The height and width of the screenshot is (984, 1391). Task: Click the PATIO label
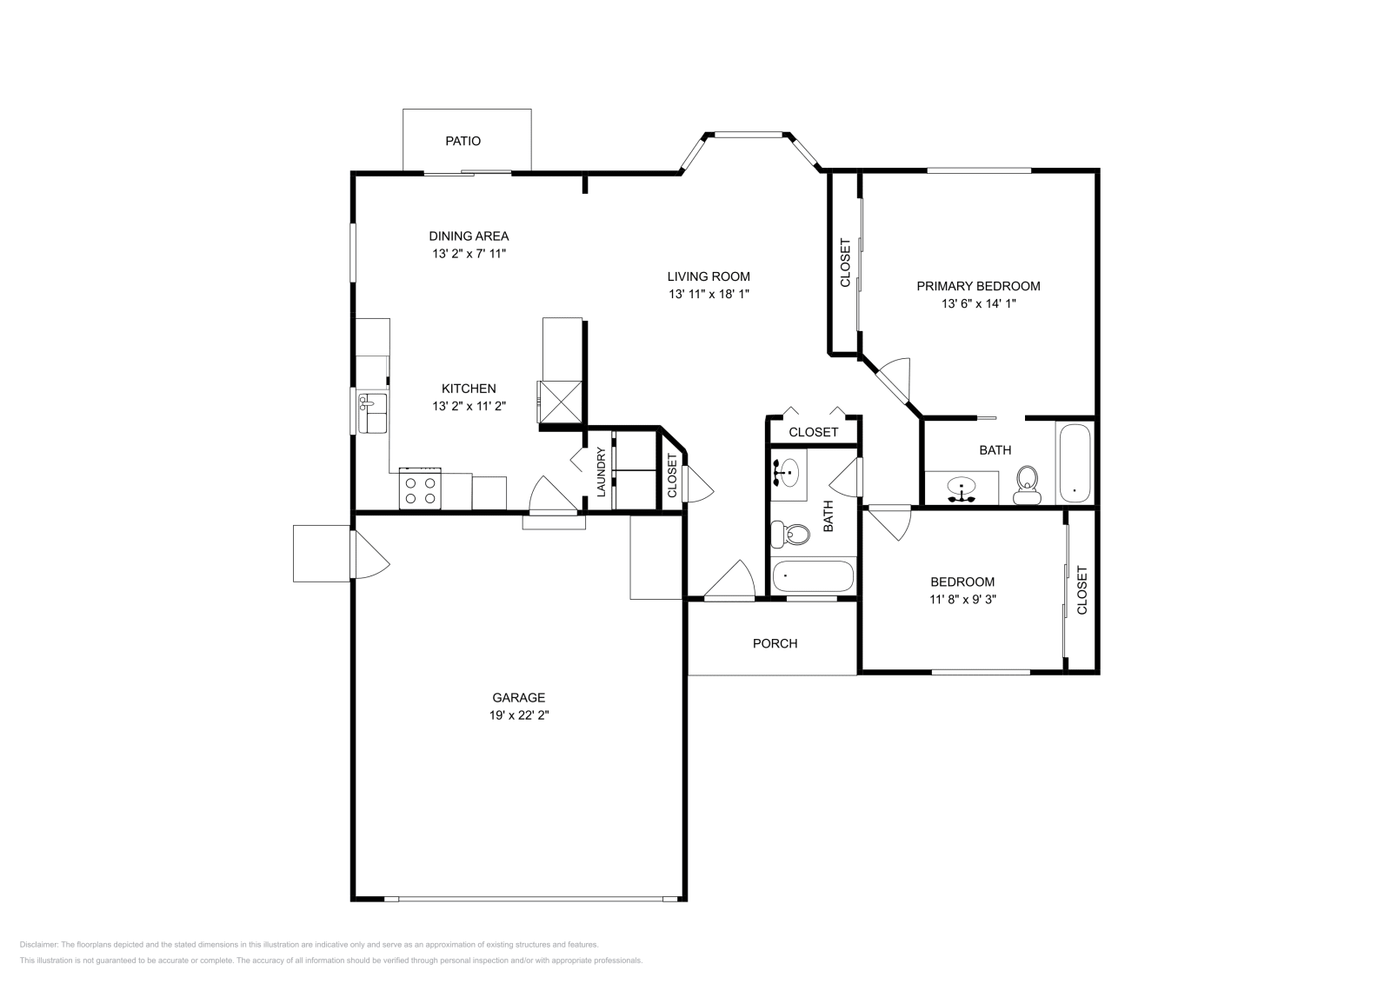(463, 141)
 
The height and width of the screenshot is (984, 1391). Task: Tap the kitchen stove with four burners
(420, 489)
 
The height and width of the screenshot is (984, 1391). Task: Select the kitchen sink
(372, 413)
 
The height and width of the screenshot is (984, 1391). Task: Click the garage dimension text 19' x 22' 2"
(518, 715)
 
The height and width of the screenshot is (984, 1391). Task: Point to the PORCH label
(775, 644)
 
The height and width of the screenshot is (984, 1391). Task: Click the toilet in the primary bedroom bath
(1027, 486)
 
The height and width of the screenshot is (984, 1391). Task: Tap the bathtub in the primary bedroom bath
(1075, 462)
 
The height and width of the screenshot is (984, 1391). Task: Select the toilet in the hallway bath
(790, 534)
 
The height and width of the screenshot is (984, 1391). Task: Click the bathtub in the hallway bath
(813, 576)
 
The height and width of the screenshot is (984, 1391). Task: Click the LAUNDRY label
(601, 472)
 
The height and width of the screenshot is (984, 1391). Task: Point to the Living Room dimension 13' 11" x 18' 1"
(709, 295)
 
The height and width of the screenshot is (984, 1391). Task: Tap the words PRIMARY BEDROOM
(978, 286)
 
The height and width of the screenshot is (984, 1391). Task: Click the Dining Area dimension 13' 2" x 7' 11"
(469, 253)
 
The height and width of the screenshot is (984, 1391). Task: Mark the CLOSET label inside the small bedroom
(1082, 589)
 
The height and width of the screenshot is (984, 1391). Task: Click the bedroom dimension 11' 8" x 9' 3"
(962, 600)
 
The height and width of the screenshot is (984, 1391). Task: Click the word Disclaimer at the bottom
(38, 944)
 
